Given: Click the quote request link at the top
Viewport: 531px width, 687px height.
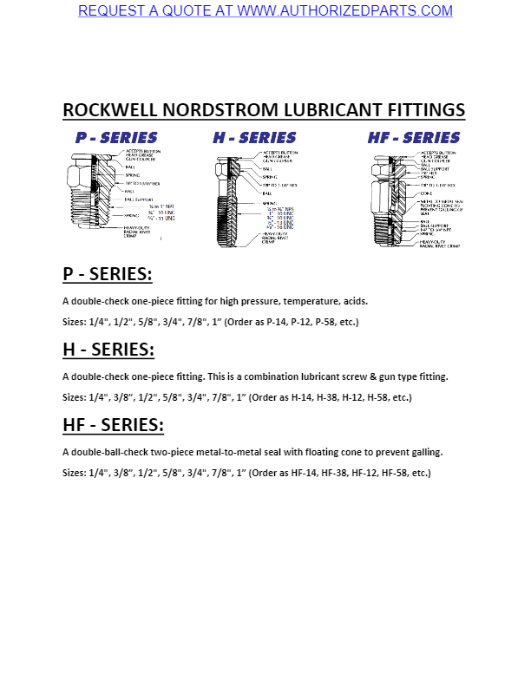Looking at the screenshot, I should [265, 11].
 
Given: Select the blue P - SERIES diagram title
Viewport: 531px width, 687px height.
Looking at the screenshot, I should [116, 138].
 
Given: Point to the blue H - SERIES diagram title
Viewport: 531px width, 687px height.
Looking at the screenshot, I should [254, 138].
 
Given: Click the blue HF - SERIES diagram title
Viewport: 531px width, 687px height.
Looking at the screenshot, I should [414, 138].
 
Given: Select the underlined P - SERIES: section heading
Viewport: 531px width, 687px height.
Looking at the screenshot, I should [108, 274].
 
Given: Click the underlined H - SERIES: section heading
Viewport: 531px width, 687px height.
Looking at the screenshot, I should [108, 350].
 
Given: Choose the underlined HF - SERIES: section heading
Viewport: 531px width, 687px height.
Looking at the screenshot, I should [113, 425].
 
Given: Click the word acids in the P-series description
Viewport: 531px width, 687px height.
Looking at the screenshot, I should [356, 302].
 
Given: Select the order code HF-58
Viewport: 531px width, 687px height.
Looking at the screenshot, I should [396, 474].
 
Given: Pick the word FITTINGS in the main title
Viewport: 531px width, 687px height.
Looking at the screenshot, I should [423, 111].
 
